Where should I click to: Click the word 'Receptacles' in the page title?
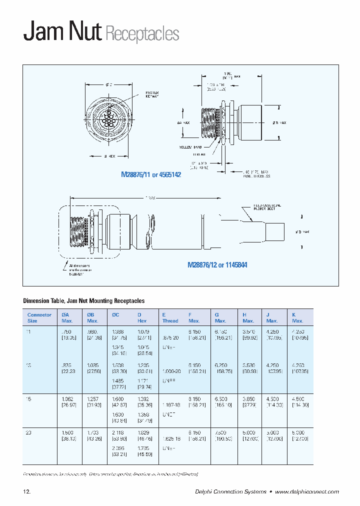141,33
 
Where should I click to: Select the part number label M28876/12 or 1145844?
217,265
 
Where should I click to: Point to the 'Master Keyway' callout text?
152,94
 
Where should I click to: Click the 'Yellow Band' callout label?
189,147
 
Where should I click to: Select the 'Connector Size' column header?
39,317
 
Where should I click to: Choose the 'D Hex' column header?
142,317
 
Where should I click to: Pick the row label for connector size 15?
28,398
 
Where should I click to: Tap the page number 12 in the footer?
27,492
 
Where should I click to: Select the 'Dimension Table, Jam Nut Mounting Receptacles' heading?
84,301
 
